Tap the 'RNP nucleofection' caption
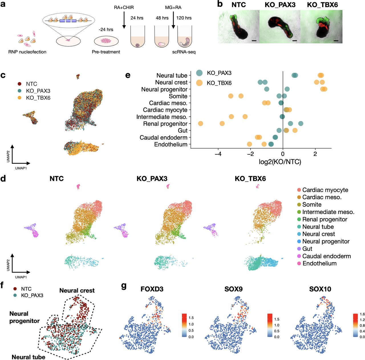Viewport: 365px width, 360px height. pos(27,52)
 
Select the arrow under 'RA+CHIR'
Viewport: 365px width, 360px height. pos(124,20)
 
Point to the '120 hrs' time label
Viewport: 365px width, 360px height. pos(184,18)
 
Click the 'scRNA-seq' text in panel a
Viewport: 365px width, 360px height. pos(184,52)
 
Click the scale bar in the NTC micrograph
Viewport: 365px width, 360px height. pos(254,41)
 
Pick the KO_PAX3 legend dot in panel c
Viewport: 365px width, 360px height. pos(19,91)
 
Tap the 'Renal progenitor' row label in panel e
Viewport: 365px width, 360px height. pos(165,124)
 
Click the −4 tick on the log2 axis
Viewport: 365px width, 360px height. pos(218,154)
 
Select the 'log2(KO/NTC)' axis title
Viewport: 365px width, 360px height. pos(280,162)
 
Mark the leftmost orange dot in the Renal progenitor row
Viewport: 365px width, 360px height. pos(200,124)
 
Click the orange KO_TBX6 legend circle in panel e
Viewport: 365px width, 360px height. pos(199,83)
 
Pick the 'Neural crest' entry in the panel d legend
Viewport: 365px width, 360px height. pos(319,234)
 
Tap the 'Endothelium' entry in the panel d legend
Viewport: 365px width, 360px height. pos(319,263)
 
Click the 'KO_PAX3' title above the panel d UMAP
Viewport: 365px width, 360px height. pos(152,179)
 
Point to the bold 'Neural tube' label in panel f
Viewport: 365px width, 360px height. pos(29,357)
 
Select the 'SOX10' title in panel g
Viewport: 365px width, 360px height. pos(320,289)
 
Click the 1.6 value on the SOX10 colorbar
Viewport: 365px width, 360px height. pos(362,314)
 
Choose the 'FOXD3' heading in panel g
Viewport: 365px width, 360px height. pos(152,289)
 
